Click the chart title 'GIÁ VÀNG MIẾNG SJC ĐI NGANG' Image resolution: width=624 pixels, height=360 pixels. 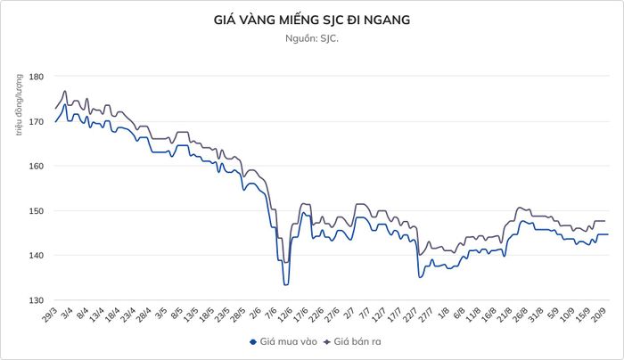tap(312, 20)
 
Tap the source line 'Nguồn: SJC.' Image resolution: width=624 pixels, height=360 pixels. tap(312, 38)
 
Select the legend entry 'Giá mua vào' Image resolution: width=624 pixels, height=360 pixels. tap(283, 341)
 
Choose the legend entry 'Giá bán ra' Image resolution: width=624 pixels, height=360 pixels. tap(352, 341)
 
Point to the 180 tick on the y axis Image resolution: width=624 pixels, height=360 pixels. tap(36, 77)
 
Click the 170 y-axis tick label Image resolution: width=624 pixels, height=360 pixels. tap(36, 121)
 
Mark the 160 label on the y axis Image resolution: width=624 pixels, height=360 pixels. tap(36, 166)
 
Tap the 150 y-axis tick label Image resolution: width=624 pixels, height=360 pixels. tap(36, 211)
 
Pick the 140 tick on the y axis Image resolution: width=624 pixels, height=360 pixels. tap(36, 256)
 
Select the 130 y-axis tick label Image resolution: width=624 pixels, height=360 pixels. tap(36, 300)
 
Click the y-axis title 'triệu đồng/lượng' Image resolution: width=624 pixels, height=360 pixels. tap(19, 104)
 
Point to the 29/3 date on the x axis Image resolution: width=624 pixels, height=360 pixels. tap(50, 315)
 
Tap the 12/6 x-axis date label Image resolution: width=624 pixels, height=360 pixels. tap(285, 315)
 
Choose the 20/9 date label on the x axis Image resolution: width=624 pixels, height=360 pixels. tap(598, 315)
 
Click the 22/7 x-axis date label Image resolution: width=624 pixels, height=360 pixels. tap(410, 315)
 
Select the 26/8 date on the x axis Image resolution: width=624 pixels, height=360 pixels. tap(520, 315)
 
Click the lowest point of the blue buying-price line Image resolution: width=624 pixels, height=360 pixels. tap(286, 285)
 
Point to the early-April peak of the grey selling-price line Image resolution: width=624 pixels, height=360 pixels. tap(65, 91)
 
